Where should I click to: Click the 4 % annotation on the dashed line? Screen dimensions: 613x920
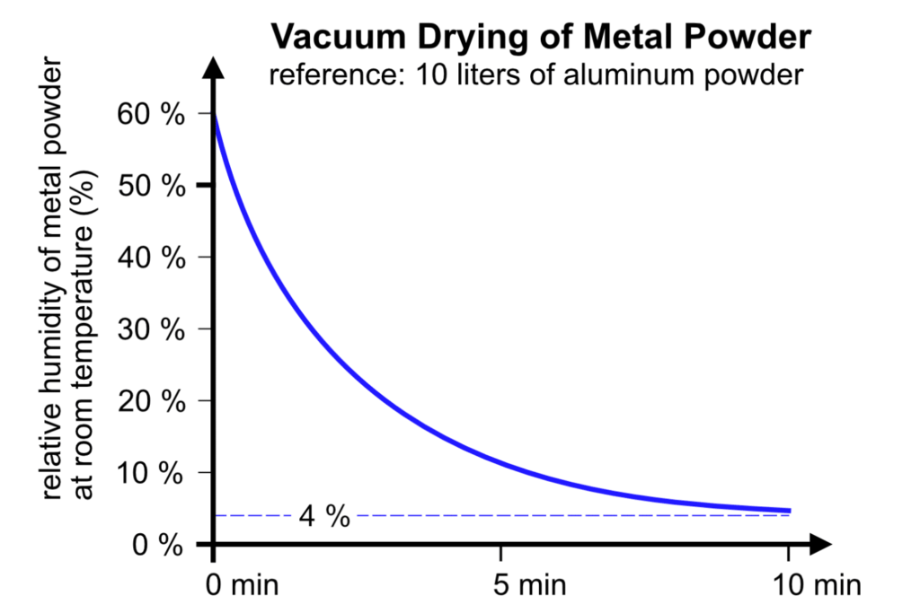323,516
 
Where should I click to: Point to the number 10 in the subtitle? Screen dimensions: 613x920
428,74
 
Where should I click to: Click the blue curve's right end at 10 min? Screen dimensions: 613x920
788,511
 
